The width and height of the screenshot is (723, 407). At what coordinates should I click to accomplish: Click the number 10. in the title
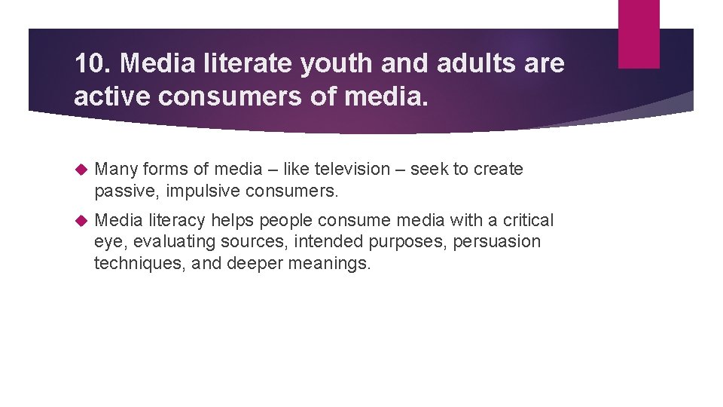93,64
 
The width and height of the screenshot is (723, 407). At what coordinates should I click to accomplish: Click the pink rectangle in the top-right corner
638,33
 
